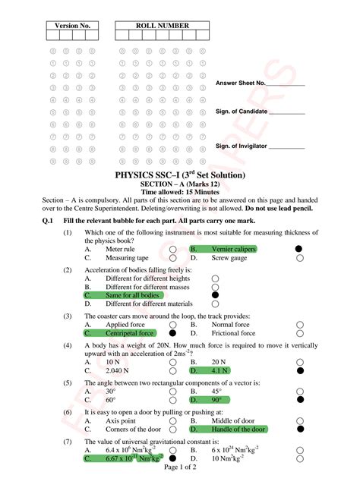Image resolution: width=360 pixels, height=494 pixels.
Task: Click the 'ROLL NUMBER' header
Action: point(162,26)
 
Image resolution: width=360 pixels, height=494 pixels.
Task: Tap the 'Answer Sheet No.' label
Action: point(241,83)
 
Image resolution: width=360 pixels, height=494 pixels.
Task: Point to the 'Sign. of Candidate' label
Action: point(242,112)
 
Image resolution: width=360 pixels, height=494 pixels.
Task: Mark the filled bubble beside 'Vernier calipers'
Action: point(300,249)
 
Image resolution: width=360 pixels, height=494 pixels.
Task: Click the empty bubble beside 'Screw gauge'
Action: point(300,258)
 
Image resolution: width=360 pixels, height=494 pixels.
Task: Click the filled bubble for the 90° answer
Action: point(300,400)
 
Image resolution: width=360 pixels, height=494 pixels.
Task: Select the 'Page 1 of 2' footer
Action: point(180,467)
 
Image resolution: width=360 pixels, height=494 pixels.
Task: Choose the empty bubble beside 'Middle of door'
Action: point(300,420)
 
